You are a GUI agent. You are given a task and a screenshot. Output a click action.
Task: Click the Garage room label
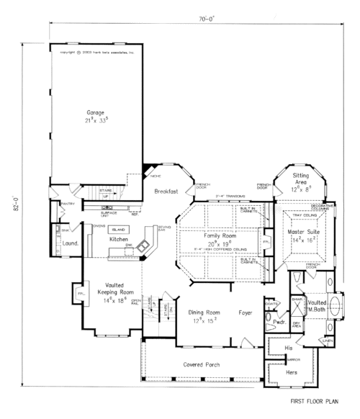point(97,113)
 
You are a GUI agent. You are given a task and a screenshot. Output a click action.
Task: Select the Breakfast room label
point(166,192)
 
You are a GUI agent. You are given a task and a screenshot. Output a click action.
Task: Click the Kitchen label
point(118,238)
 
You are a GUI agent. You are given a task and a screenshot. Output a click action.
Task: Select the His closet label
point(277,348)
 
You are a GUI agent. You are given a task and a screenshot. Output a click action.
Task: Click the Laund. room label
point(71,243)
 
